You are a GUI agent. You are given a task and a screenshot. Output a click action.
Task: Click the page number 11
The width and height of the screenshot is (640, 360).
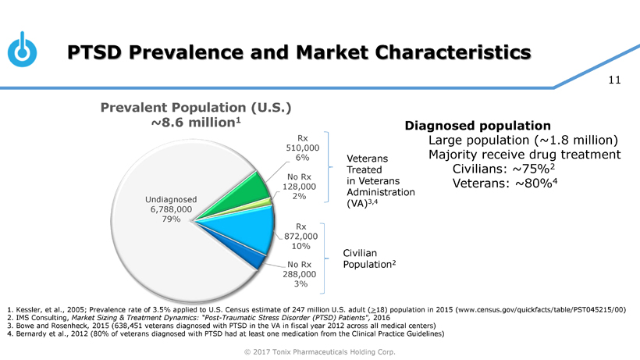pos(613,80)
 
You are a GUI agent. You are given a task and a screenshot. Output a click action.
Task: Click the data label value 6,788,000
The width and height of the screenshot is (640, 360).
pos(171,209)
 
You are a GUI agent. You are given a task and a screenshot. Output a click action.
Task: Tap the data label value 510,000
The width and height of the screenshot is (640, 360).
pos(304,148)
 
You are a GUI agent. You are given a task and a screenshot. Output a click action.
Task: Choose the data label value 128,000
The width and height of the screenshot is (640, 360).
pos(301,186)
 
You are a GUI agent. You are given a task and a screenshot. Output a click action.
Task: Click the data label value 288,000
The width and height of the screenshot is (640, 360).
pos(300,274)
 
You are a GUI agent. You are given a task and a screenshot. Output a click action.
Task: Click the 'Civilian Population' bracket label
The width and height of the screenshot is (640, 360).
pos(369,258)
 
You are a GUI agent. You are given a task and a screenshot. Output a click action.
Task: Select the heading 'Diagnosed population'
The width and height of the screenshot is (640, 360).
pos(478,126)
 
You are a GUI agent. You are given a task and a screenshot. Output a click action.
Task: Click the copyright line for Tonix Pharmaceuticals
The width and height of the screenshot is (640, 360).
pos(320,351)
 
